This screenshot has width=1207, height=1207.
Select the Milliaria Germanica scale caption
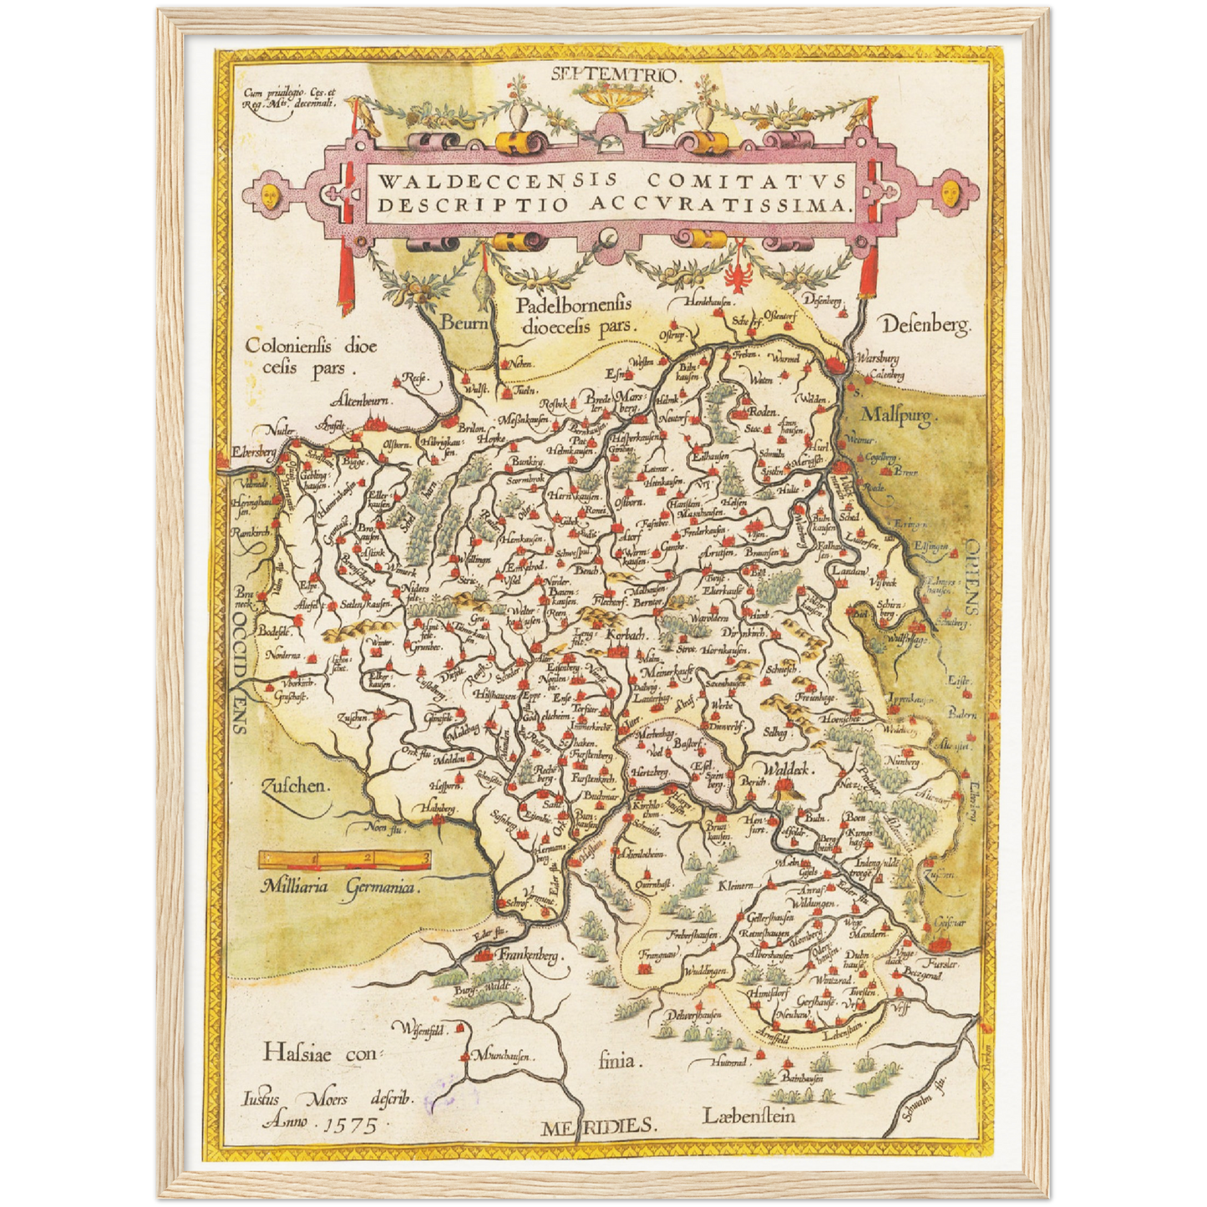click(338, 888)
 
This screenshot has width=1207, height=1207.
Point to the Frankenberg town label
click(528, 954)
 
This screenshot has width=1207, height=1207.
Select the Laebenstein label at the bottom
click(748, 1115)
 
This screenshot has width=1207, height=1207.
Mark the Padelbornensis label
click(573, 306)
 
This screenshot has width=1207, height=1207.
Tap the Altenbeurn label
click(365, 399)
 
